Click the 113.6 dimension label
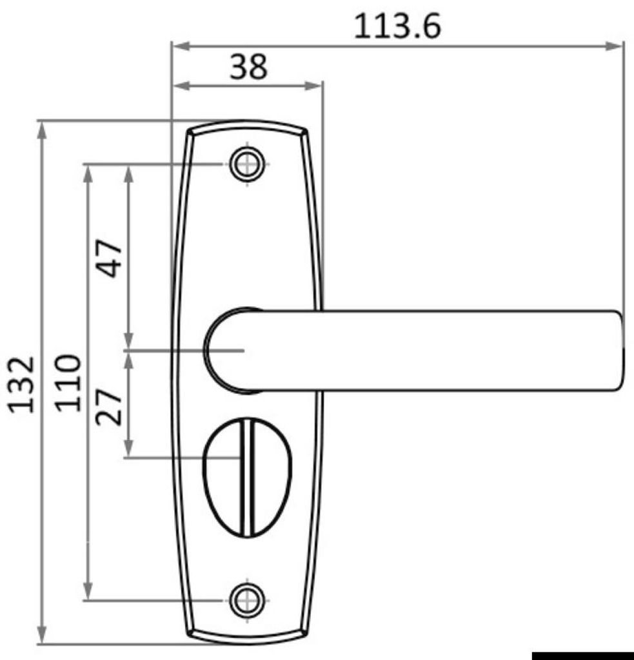point(397,26)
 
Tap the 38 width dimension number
point(248,66)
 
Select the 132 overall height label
point(21,385)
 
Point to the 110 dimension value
point(68,383)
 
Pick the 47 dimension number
point(109,258)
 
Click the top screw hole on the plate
point(247,164)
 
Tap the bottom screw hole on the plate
point(247,600)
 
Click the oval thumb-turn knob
point(247,478)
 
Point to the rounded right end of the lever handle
point(617,351)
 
